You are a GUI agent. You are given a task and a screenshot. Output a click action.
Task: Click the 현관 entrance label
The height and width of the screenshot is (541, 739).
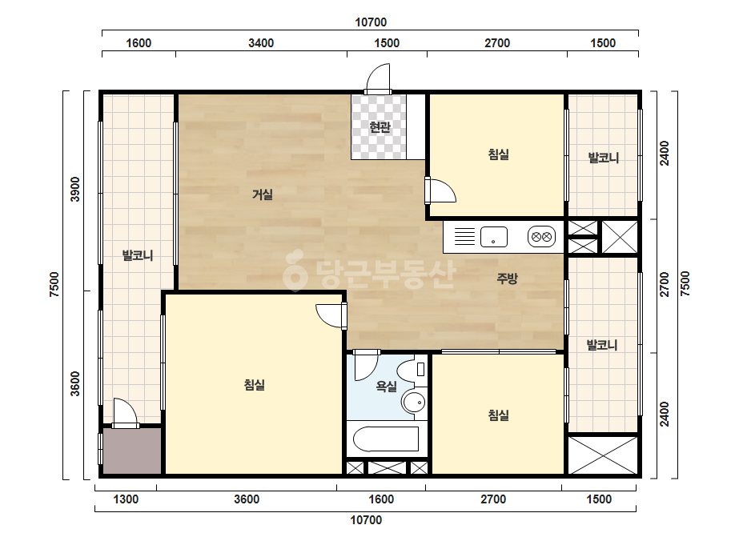click(380, 127)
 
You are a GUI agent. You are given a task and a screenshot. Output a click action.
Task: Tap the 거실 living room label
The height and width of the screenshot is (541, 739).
click(263, 194)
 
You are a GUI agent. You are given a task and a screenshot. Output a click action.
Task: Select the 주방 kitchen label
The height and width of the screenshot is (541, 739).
click(507, 278)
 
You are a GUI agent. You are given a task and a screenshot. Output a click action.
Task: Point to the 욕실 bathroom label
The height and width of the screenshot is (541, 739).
click(386, 387)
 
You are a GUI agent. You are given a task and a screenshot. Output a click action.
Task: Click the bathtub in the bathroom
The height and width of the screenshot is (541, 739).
click(386, 439)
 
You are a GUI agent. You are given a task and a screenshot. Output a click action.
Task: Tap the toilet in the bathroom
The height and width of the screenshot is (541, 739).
click(412, 370)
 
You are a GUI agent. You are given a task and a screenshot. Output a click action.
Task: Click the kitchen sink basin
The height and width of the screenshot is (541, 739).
click(493, 237)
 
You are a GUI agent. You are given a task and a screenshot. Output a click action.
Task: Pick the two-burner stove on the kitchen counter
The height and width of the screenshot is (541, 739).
click(541, 237)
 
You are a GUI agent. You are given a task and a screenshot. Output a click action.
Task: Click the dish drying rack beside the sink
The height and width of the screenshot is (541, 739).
click(464, 237)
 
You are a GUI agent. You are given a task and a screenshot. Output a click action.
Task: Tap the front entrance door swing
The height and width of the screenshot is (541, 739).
click(379, 78)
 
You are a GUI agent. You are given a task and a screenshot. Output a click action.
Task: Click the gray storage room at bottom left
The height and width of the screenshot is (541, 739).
click(132, 451)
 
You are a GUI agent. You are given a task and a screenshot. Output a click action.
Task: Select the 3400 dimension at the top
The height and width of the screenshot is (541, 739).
click(261, 43)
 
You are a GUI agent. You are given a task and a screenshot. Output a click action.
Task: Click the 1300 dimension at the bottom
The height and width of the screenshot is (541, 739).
click(126, 499)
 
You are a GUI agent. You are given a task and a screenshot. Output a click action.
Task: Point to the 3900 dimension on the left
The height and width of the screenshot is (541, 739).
click(75, 190)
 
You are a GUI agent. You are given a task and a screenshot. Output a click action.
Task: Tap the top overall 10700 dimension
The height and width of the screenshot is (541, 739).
click(371, 22)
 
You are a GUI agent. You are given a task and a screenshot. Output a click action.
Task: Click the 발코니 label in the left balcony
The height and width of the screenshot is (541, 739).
click(138, 256)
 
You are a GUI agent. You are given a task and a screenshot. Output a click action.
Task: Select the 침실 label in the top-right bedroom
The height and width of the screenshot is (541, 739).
click(498, 154)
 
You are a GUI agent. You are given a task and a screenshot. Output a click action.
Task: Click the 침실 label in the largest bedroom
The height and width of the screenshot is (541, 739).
click(254, 385)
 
